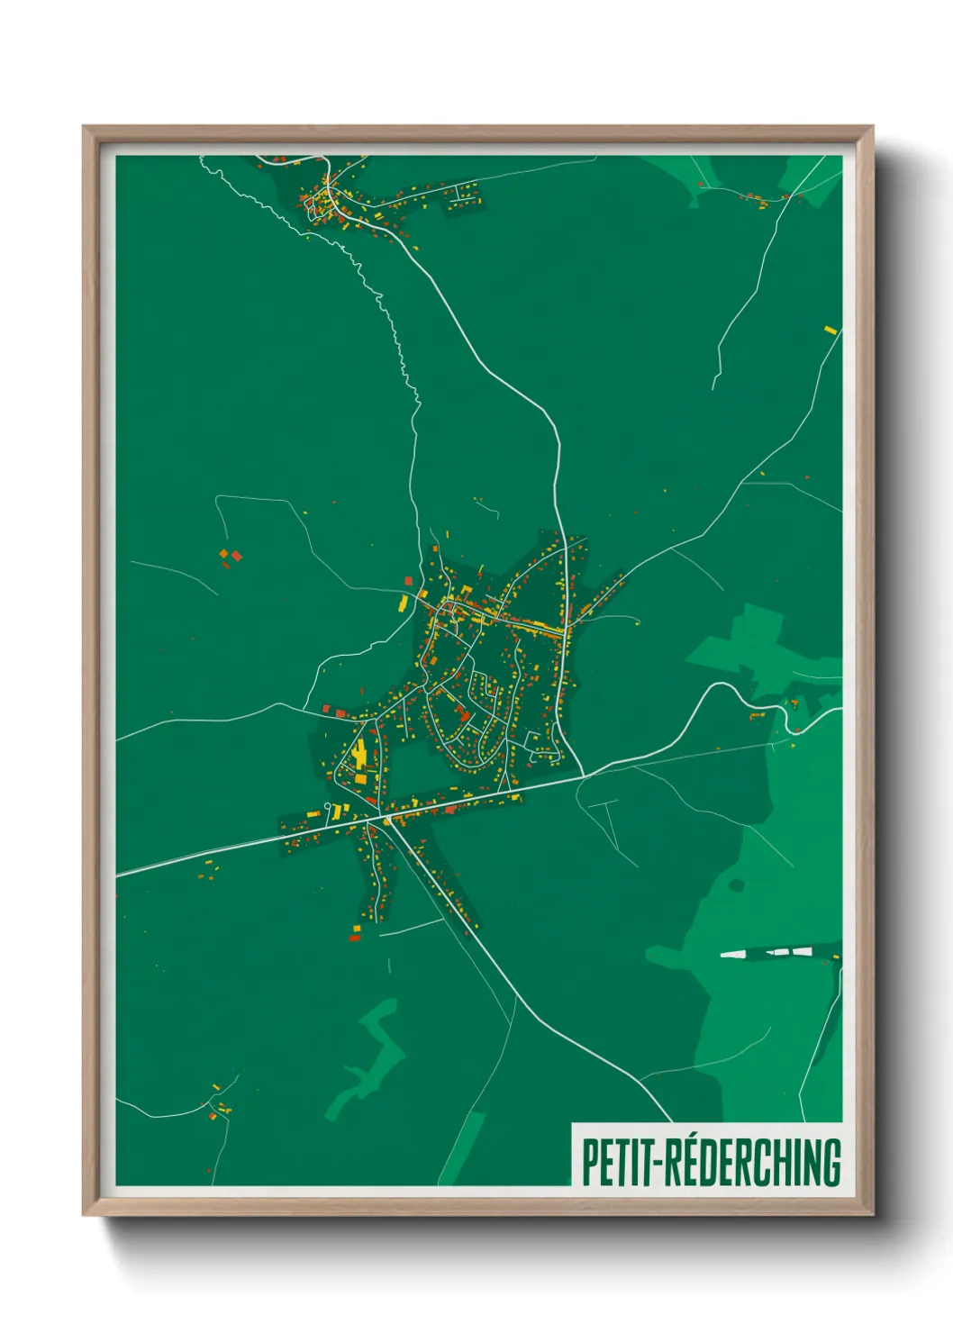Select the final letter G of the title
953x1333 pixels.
coord(830,1162)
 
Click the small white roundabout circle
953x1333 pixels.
coord(328,806)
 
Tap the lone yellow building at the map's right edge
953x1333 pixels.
coord(830,331)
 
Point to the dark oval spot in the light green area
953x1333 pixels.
coord(736,885)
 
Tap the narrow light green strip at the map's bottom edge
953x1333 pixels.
coord(463,1147)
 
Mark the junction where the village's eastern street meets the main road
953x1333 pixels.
coord(584,775)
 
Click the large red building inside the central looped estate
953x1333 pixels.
coord(465,715)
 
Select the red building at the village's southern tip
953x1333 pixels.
coord(354,938)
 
